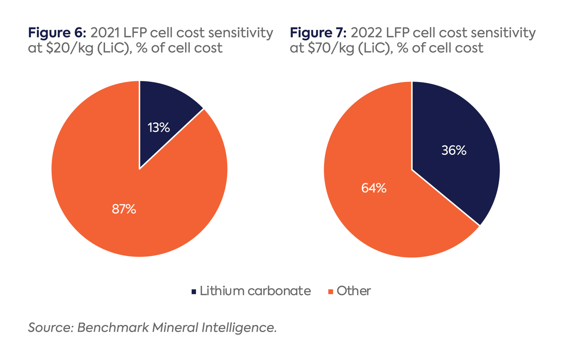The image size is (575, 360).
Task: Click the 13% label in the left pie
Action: [x=159, y=128]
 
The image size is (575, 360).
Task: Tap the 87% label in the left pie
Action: [x=124, y=209]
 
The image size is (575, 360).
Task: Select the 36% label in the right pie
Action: [x=454, y=150]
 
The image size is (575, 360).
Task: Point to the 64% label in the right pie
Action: [x=374, y=188]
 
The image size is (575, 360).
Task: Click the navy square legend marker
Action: [x=194, y=292]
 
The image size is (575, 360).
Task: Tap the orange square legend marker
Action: [x=331, y=292]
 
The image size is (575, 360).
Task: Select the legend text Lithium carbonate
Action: [x=255, y=291]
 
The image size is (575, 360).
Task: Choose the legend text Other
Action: [x=353, y=291]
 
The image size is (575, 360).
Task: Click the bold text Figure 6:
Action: [x=57, y=33]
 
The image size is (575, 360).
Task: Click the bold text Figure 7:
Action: [x=318, y=33]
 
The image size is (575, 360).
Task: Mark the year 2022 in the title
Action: [x=366, y=33]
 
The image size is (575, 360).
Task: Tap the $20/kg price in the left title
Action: [x=70, y=48]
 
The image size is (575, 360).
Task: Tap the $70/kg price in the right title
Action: [x=331, y=48]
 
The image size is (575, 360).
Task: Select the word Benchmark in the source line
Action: [x=113, y=327]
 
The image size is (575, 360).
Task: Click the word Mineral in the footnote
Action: [x=175, y=327]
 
